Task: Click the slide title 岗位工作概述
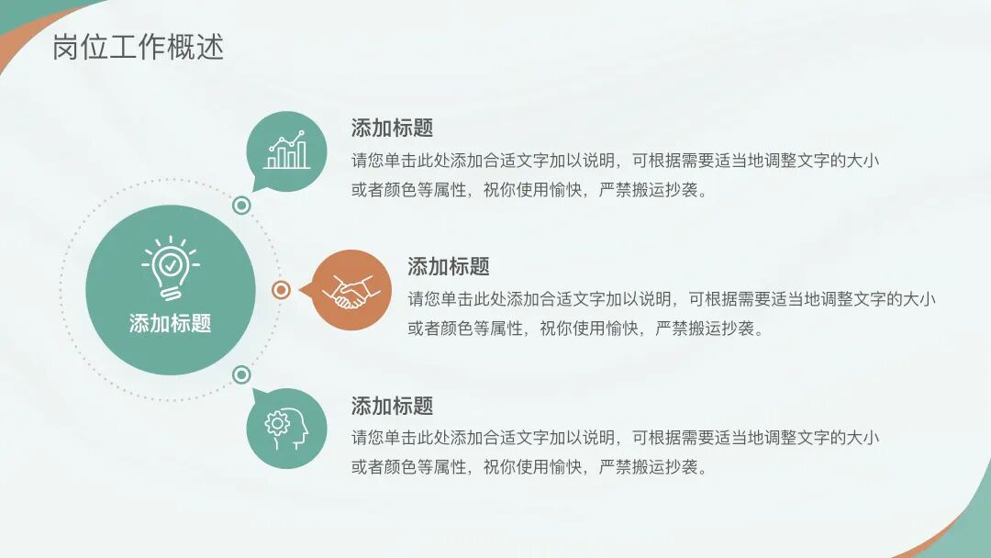[x=139, y=48]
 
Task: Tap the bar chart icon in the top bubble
[x=286, y=151]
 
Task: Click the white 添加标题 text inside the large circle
[x=170, y=323]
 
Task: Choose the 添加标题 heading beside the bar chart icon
[x=392, y=128]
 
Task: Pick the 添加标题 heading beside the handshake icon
[x=448, y=266]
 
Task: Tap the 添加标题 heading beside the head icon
[x=392, y=406]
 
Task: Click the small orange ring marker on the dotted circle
[x=282, y=290]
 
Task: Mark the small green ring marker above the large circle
[x=241, y=206]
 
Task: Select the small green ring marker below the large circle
[x=241, y=374]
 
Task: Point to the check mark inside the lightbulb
[x=170, y=265]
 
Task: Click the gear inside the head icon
[x=276, y=422]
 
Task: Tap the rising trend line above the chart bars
[x=286, y=141]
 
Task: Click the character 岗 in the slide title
[x=64, y=48]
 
